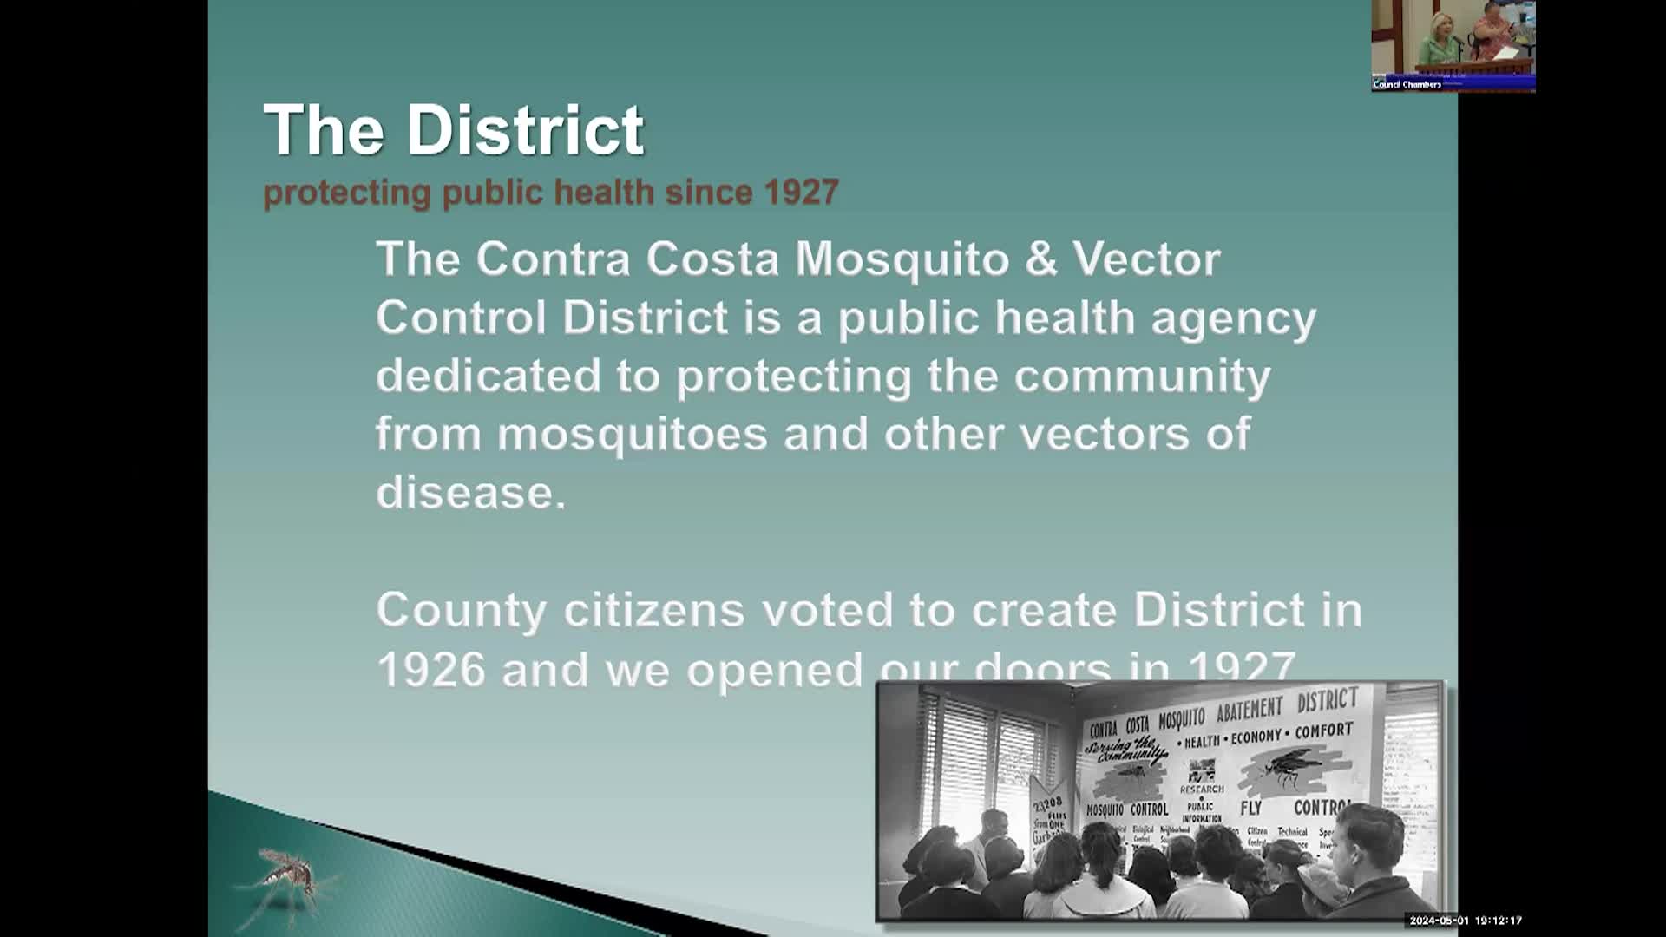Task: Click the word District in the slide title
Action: click(525, 130)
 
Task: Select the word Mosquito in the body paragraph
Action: click(902, 259)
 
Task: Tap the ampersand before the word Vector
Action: click(1041, 259)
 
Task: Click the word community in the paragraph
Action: click(1142, 377)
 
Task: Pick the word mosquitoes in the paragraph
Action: click(632, 434)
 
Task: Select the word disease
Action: click(470, 492)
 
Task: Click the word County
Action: click(461, 610)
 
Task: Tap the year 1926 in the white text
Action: click(431, 670)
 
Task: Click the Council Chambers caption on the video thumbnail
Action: click(1407, 85)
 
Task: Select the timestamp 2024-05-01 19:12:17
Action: click(1466, 921)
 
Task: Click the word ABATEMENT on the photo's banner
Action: click(1249, 711)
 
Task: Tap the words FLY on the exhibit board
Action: click(1250, 809)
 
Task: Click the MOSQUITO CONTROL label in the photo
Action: click(1127, 809)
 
